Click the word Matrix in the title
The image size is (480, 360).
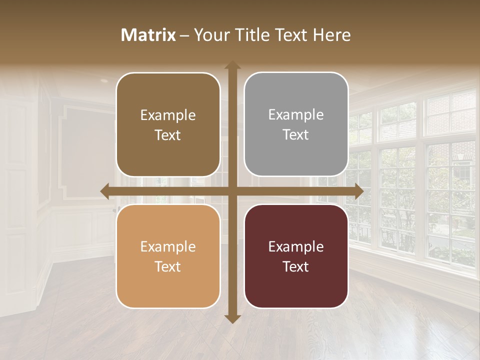[148, 35]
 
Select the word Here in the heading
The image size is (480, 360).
[331, 35]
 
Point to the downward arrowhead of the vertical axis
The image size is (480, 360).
[232, 318]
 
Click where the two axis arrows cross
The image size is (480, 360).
[232, 191]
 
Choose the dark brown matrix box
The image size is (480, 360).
[168, 124]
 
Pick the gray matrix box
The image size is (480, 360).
[296, 124]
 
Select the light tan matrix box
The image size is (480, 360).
[168, 256]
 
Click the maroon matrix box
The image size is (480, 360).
[296, 256]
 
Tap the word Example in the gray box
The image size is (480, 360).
[296, 115]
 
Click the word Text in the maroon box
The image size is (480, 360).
[296, 266]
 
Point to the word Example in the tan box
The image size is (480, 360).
[168, 246]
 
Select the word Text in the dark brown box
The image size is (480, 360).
[168, 135]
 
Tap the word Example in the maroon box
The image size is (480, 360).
[296, 246]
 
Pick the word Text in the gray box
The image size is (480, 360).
[296, 135]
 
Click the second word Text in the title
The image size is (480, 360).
[291, 35]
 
